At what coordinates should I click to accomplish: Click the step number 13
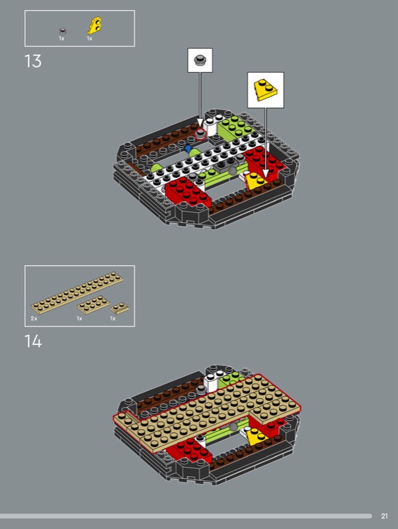tap(33, 61)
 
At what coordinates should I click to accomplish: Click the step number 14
tap(33, 341)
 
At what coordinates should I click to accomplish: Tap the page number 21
tap(384, 516)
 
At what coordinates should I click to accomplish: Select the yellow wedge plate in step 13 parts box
tap(95, 26)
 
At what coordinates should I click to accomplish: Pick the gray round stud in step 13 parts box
tap(63, 31)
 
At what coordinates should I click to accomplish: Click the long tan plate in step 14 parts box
tap(77, 292)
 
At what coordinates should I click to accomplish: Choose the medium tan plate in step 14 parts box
tap(93, 305)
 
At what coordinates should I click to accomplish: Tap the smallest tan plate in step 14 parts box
tap(120, 308)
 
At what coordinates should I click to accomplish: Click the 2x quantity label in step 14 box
tap(34, 318)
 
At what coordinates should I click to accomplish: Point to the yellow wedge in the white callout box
tap(266, 90)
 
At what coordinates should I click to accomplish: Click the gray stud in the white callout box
tap(200, 60)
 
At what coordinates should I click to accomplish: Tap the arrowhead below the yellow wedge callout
tap(266, 173)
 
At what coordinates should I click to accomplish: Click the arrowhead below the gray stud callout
tap(200, 122)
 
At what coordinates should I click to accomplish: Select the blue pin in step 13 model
tap(188, 148)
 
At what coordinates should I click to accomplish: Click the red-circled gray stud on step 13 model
tap(200, 134)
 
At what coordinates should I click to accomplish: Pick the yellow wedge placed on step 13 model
tap(255, 181)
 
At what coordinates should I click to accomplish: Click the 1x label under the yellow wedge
tap(89, 38)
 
